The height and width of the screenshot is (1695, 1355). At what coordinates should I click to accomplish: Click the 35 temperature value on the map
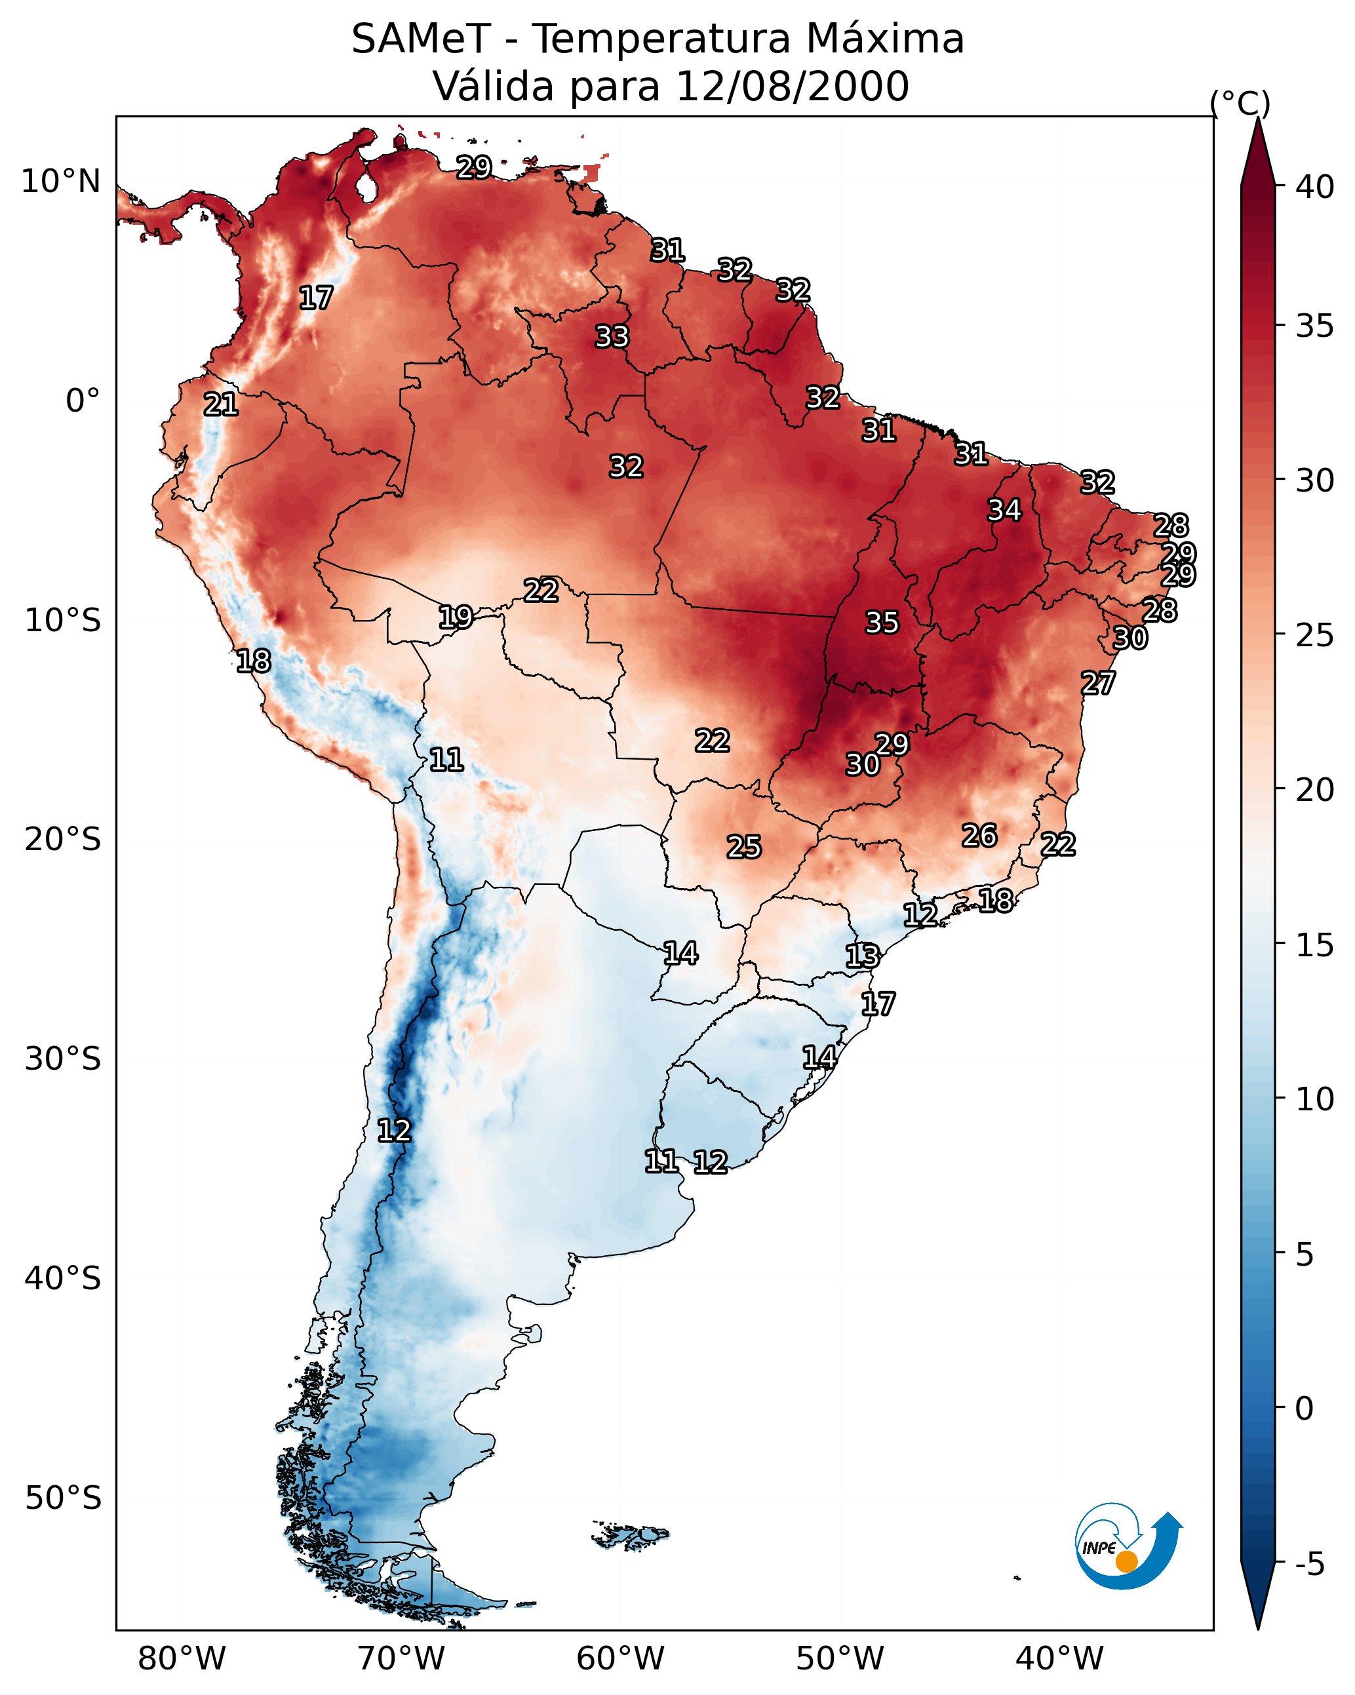click(882, 623)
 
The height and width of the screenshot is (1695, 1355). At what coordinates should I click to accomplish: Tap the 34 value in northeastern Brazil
click(1004, 510)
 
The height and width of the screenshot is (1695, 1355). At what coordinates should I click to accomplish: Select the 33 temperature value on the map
click(612, 336)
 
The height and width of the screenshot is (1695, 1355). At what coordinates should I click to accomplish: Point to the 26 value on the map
click(979, 836)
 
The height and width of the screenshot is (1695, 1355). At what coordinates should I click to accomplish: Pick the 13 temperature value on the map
click(862, 956)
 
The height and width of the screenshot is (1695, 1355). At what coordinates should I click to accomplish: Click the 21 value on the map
click(221, 405)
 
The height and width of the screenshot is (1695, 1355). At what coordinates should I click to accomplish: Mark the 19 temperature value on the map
click(456, 617)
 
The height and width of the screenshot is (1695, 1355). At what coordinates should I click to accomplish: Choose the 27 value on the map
click(1098, 683)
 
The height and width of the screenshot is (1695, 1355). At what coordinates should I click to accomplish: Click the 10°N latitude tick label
click(60, 182)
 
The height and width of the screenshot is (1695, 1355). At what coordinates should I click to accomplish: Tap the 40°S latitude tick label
click(63, 1278)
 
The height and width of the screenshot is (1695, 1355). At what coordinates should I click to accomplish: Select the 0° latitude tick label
click(83, 401)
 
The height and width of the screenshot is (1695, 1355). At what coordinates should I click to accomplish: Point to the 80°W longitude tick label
click(182, 1658)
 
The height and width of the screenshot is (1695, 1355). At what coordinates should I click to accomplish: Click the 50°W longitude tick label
click(840, 1658)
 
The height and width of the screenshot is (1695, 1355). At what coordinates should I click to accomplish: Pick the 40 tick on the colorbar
click(1315, 187)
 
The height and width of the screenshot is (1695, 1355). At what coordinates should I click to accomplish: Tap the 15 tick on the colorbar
click(1315, 945)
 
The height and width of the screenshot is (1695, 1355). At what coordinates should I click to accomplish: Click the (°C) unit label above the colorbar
click(1240, 103)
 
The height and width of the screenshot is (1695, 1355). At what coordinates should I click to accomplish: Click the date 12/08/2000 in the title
click(792, 87)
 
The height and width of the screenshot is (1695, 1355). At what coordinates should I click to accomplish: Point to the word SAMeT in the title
click(421, 39)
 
